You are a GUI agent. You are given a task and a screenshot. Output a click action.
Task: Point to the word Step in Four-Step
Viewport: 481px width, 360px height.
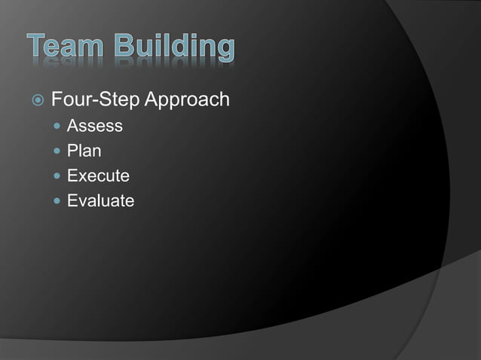[113, 99]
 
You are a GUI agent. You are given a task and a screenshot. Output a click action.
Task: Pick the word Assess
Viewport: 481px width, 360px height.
[94, 126]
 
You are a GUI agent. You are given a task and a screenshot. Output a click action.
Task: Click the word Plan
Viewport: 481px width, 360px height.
[84, 151]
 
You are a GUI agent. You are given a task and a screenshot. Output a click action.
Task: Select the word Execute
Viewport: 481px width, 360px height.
[98, 176]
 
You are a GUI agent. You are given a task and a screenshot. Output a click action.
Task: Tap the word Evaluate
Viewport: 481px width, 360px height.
[100, 201]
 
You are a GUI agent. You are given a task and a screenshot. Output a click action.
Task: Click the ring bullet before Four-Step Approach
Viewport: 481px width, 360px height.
[37, 100]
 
